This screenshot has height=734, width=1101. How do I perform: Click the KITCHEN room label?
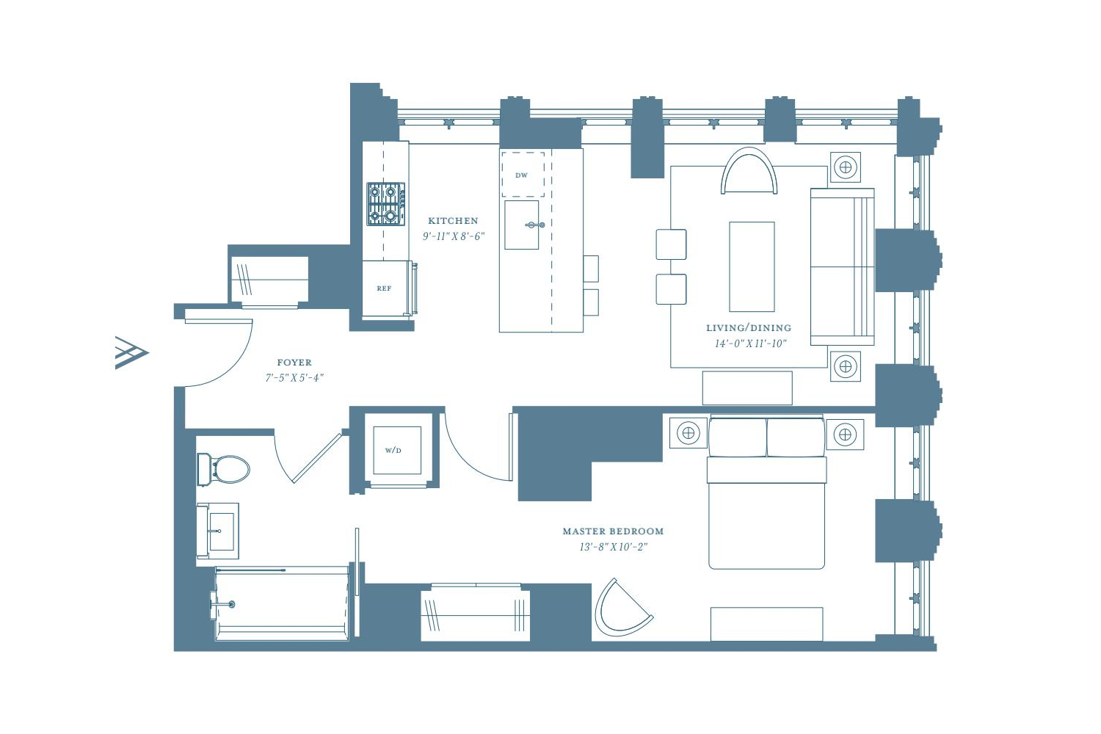[453, 221]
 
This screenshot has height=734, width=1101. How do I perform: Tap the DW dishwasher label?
[521, 175]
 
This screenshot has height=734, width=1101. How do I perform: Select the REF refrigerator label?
[384, 288]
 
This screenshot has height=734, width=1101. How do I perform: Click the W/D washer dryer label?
[393, 451]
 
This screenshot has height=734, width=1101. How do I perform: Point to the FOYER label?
[294, 363]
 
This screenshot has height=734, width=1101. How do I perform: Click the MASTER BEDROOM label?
[613, 531]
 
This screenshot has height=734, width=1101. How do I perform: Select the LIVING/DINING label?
[749, 328]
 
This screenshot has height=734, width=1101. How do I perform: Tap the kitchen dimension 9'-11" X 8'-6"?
[454, 236]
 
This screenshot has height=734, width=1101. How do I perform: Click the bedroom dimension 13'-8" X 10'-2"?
[614, 547]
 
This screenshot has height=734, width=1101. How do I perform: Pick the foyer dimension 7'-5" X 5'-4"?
[294, 378]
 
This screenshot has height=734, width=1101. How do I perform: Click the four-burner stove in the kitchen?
[386, 204]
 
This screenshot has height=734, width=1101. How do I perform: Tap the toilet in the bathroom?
[223, 469]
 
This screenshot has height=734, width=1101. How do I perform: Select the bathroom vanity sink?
[218, 531]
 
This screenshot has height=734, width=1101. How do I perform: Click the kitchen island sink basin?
[521, 225]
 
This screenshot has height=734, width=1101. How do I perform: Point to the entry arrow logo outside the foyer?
[131, 352]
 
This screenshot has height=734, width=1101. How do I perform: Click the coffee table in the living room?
[752, 266]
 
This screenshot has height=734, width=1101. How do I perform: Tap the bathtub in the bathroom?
[282, 604]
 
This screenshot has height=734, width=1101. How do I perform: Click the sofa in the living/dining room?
[842, 266]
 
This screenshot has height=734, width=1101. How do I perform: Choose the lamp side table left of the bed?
[688, 433]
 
